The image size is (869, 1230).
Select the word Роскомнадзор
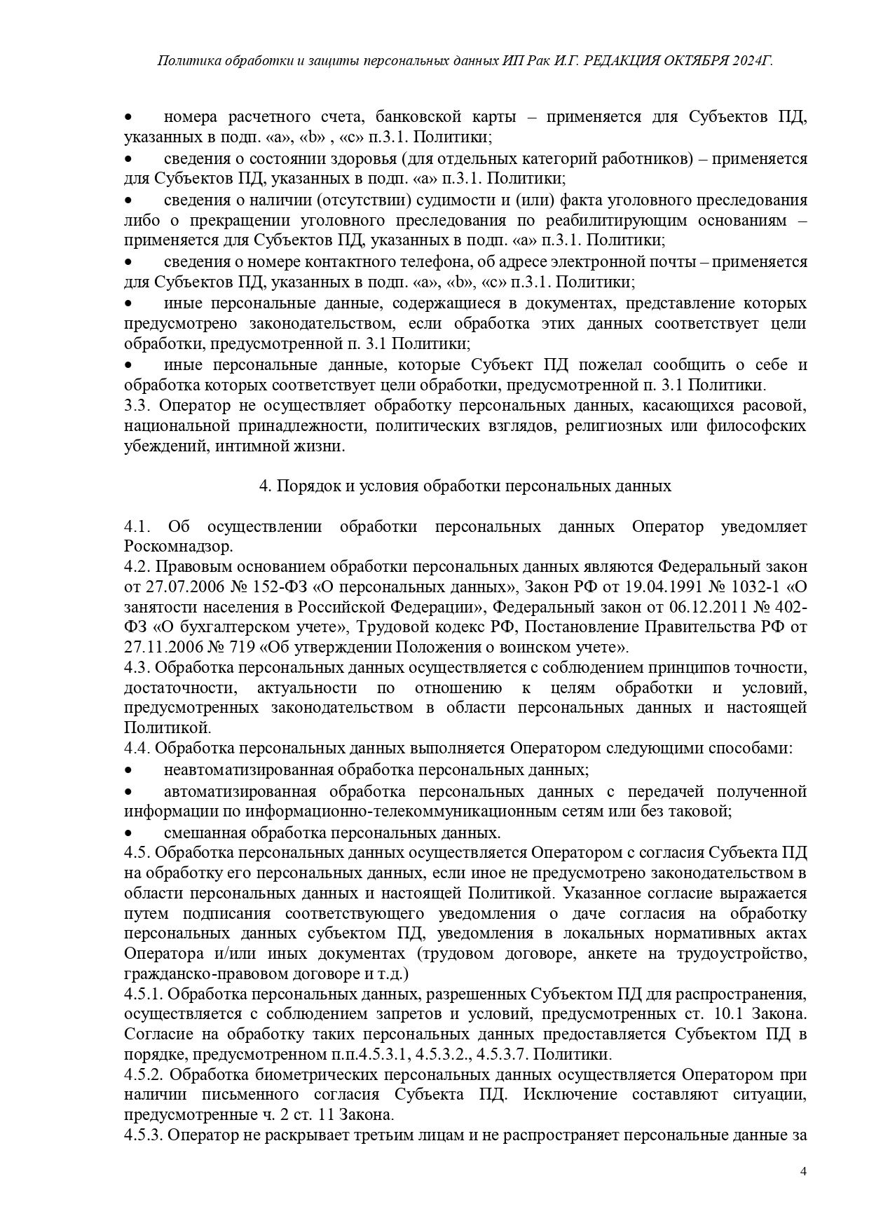pyautogui.click(x=178, y=546)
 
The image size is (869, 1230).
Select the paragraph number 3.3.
pyautogui.click(x=137, y=405)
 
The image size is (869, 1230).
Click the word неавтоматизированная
pyautogui.click(x=249, y=770)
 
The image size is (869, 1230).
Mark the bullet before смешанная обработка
pyautogui.click(x=128, y=833)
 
